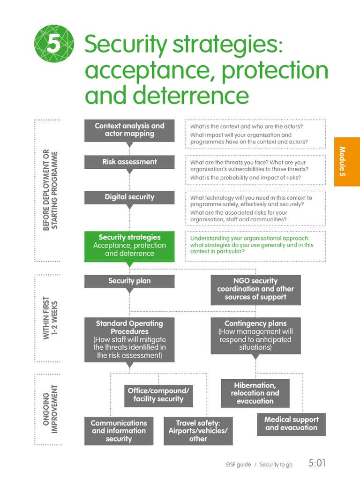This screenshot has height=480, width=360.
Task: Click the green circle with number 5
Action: coord(54,45)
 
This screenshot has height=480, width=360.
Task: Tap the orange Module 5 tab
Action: coord(347,162)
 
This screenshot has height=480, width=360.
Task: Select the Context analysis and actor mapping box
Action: coord(129,130)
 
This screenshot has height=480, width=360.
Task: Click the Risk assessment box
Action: coord(129,162)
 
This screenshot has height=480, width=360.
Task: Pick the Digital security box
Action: coord(129,197)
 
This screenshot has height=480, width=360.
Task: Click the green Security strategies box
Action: coord(129,246)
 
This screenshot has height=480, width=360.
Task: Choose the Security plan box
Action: coord(129,281)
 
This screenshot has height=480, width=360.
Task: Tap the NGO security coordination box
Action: coord(255,289)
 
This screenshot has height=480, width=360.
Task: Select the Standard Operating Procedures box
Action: coord(129,339)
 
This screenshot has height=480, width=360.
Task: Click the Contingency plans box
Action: coord(255,335)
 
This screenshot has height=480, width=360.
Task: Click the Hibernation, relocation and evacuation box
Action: coord(255,393)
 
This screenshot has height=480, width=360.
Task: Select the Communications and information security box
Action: coord(119,431)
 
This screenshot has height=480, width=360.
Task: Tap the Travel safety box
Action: coord(198,431)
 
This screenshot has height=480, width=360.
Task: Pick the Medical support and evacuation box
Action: coord(291,423)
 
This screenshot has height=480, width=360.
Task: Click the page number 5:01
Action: coord(317,463)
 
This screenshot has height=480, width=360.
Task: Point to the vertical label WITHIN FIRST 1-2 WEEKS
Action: coord(50,319)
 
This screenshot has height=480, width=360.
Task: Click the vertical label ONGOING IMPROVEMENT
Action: coord(50,409)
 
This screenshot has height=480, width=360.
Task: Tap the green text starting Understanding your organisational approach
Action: coord(252,245)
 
